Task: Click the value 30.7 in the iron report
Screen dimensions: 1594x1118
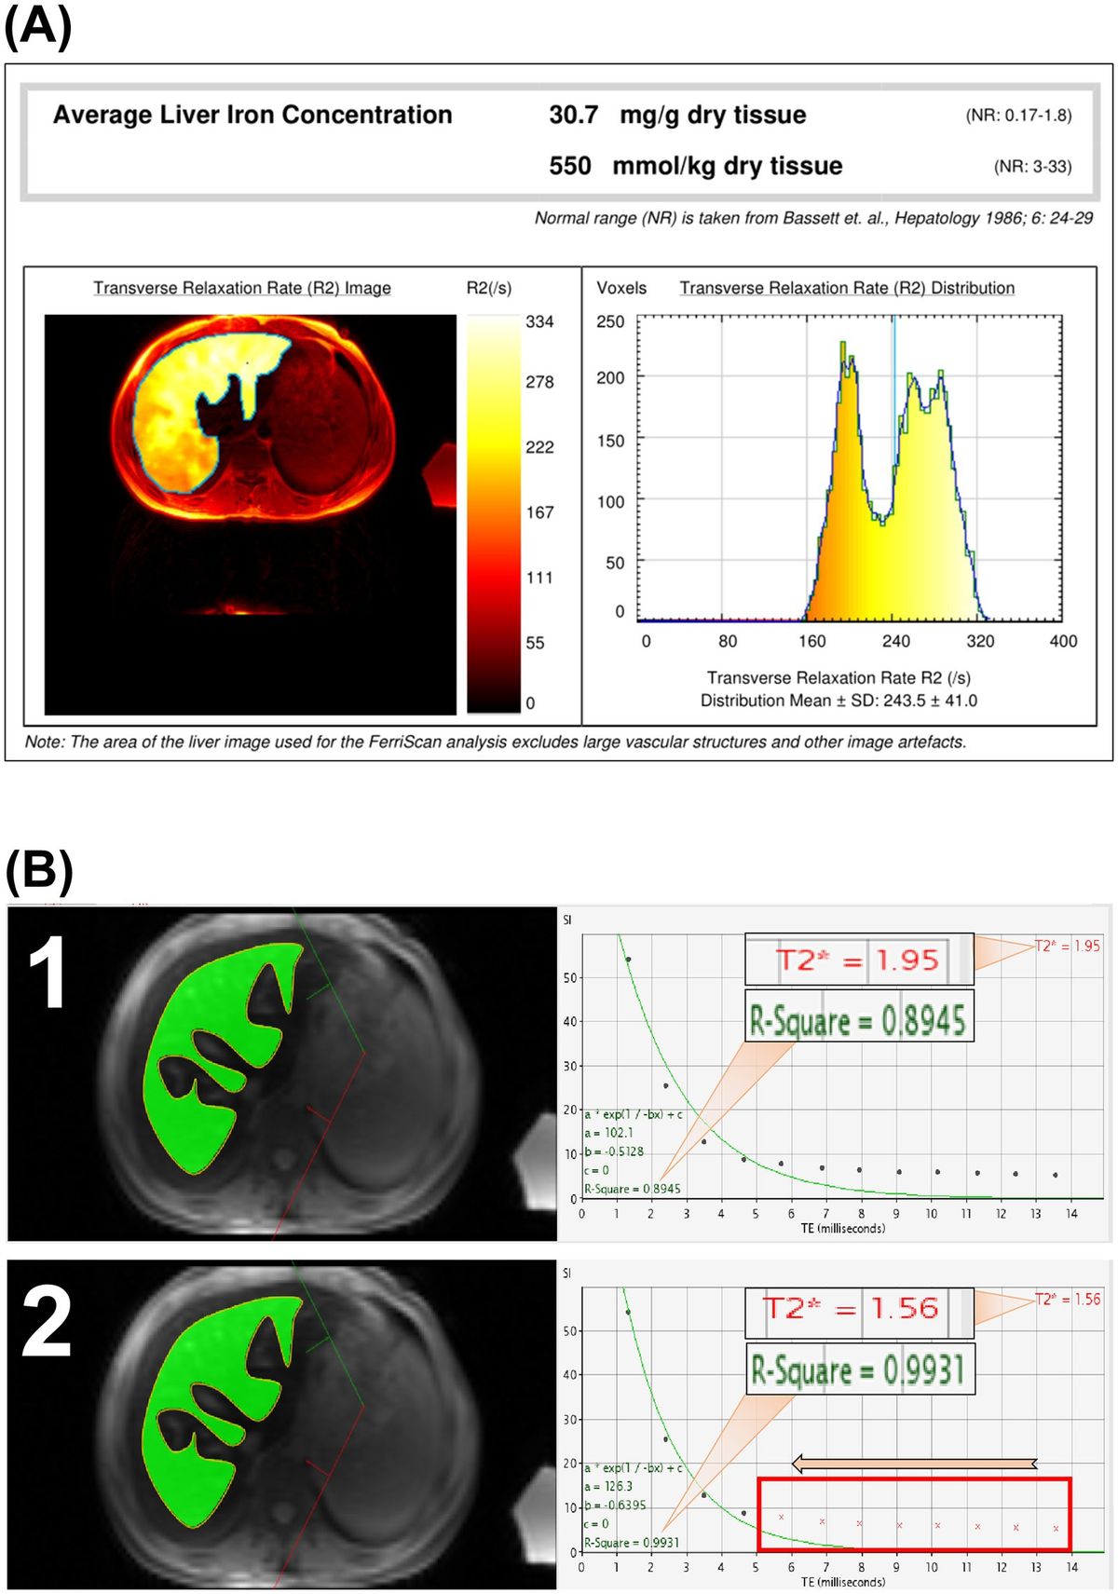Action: click(x=573, y=115)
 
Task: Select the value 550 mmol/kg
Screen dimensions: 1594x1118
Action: click(x=569, y=166)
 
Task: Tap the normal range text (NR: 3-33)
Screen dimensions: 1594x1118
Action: click(x=1032, y=167)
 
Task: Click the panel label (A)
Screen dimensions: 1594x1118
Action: click(x=38, y=26)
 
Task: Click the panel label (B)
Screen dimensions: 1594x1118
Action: click(x=38, y=871)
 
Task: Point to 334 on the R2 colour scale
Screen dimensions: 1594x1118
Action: click(x=539, y=322)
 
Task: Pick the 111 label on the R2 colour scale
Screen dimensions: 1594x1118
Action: click(x=539, y=578)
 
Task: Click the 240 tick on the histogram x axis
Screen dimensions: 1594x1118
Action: click(x=895, y=641)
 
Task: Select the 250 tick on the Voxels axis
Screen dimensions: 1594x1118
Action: click(x=610, y=321)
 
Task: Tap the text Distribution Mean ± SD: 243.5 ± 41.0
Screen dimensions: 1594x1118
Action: click(x=838, y=701)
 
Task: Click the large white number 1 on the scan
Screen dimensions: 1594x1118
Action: click(x=47, y=974)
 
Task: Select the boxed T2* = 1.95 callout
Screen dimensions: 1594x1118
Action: click(x=858, y=960)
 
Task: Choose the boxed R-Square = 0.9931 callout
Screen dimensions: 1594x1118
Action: click(x=859, y=1369)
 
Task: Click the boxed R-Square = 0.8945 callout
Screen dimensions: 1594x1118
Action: click(x=858, y=1021)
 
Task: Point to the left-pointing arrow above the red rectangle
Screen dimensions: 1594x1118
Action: click(x=913, y=1463)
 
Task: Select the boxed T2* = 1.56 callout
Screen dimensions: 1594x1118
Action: click(x=858, y=1308)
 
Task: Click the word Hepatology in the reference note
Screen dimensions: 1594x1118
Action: click(x=941, y=218)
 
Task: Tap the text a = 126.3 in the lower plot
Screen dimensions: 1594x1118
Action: click(x=608, y=1486)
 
